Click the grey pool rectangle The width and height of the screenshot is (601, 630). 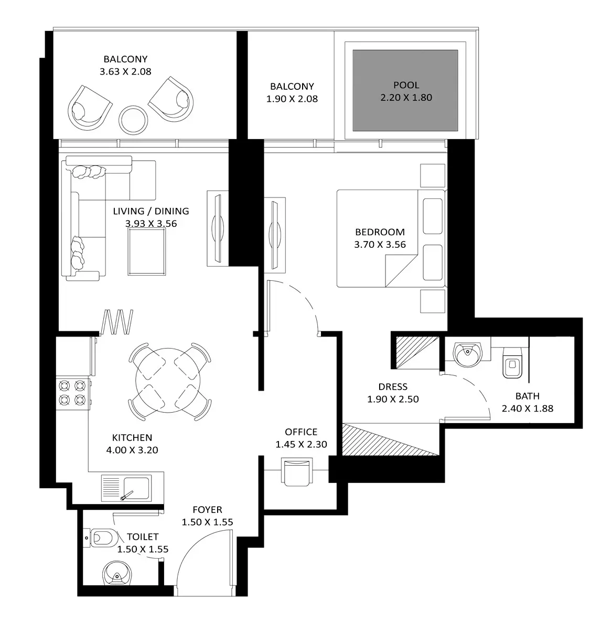point(405,90)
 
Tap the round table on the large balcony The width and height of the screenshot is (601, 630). point(133,120)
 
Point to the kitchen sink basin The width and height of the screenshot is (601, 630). point(136,488)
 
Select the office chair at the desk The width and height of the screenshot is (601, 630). point(297,471)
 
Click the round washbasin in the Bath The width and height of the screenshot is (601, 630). point(467,355)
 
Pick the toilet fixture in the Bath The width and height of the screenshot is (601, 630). point(512,363)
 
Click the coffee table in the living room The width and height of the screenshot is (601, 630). point(147,251)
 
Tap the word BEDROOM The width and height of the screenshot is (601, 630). point(380,232)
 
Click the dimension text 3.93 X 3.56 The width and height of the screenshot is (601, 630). point(151,223)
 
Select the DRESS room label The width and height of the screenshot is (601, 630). point(393,386)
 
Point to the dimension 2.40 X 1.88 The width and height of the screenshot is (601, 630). point(527,408)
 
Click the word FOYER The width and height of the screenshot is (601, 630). point(207,510)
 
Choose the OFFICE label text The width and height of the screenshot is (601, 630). point(301,432)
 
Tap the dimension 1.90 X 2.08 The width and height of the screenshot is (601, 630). point(292,99)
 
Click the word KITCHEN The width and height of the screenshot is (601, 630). point(132,438)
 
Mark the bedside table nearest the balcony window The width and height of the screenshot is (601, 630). point(433,175)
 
